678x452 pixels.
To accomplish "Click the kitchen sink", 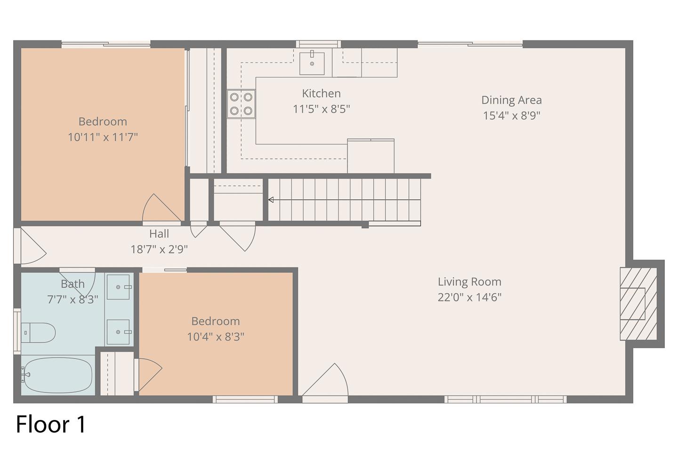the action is tap(312, 63).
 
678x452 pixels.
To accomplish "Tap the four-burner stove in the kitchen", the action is tap(241, 104).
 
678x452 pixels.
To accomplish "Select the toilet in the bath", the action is tap(38, 332).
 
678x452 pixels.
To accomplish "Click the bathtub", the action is tap(57, 375).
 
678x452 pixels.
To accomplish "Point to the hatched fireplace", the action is tap(638, 304).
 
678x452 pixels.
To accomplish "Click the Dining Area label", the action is tap(511, 100).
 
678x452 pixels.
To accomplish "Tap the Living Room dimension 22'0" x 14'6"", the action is tap(469, 297).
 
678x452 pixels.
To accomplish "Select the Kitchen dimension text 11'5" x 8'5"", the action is tap(322, 109).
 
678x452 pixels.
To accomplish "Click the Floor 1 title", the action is tap(51, 424).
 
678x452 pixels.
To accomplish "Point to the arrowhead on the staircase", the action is tap(271, 200).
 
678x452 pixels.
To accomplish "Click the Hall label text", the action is tap(159, 234).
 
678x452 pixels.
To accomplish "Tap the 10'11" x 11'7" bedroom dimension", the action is tap(103, 137).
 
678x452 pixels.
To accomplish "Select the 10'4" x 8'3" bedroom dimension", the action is tap(216, 337).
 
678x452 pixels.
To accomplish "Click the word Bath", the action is tap(73, 284).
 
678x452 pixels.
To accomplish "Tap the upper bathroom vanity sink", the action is tap(118, 287).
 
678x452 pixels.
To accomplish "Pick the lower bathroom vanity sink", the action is tap(118, 332).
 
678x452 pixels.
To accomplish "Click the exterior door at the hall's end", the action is tap(30, 246).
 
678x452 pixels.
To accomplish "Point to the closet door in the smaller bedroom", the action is tap(148, 374).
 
